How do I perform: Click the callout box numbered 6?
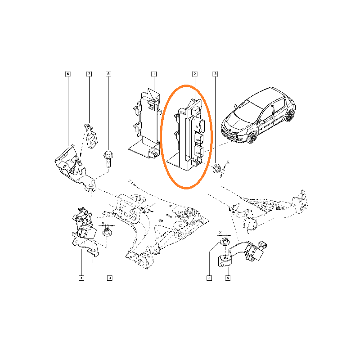[68, 74]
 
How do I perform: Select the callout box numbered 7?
[89, 74]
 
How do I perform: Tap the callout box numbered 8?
[108, 74]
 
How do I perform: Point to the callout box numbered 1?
[154, 74]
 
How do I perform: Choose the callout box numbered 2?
[195, 74]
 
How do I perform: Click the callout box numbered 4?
[81, 278]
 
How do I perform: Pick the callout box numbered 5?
[228, 278]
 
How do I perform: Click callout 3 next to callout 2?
[215, 74]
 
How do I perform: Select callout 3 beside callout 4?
[110, 278]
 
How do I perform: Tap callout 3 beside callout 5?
[209, 278]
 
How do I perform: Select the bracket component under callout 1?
[145, 124]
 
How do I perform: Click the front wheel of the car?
[252, 138]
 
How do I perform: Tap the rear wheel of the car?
[290, 116]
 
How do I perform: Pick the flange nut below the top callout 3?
[216, 168]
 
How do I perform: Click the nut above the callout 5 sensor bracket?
[225, 242]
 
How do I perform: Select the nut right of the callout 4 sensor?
[107, 232]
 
